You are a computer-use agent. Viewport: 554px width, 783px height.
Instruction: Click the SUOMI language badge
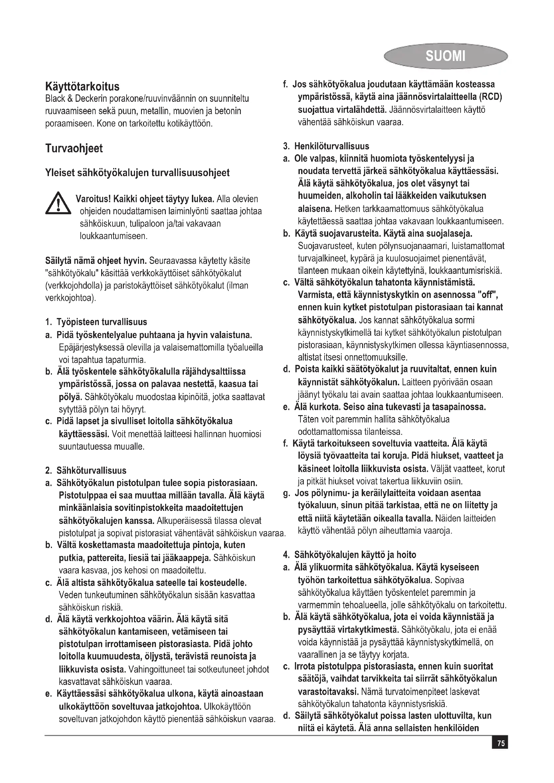(x=445, y=56)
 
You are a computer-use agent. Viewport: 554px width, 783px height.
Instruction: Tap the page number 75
(x=500, y=743)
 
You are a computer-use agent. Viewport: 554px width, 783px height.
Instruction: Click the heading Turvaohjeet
(x=74, y=148)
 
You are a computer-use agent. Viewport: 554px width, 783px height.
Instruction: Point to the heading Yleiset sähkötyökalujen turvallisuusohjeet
(x=137, y=173)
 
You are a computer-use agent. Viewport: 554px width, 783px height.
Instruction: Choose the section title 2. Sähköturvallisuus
(x=86, y=471)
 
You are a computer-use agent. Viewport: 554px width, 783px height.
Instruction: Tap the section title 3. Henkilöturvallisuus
(x=326, y=146)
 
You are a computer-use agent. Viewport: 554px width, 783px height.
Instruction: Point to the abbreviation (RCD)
(x=490, y=97)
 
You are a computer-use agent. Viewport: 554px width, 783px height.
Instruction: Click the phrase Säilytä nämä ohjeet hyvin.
(x=95, y=261)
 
